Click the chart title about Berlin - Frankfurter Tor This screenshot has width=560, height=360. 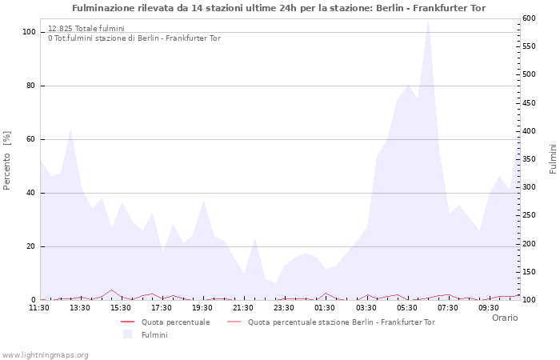tap(278, 8)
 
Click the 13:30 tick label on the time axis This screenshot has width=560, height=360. tap(80, 307)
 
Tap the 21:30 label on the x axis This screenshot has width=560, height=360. tap(243, 307)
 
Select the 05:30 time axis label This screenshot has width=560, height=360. tap(407, 307)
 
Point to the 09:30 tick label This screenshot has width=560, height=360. tap(489, 307)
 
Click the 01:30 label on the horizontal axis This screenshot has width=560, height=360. tap(325, 307)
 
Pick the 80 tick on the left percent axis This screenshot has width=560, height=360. tap(30, 86)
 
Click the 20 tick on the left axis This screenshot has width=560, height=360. tap(30, 246)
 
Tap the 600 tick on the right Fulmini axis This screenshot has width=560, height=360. tap(530, 18)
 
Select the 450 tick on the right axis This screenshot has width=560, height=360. tap(530, 103)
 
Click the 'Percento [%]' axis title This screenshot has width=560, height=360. tap(8, 160)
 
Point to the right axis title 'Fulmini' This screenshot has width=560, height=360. tap(552, 159)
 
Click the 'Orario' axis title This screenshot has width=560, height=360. tap(504, 318)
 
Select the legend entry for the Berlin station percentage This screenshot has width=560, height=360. tap(341, 322)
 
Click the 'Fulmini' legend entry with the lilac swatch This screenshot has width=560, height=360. tap(154, 334)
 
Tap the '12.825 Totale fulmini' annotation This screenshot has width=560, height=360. tap(86, 29)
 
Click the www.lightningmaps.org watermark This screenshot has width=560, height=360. tap(45, 354)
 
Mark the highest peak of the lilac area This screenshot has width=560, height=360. tap(428, 21)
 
